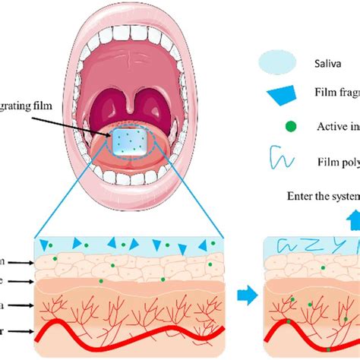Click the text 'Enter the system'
pos(323,195)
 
